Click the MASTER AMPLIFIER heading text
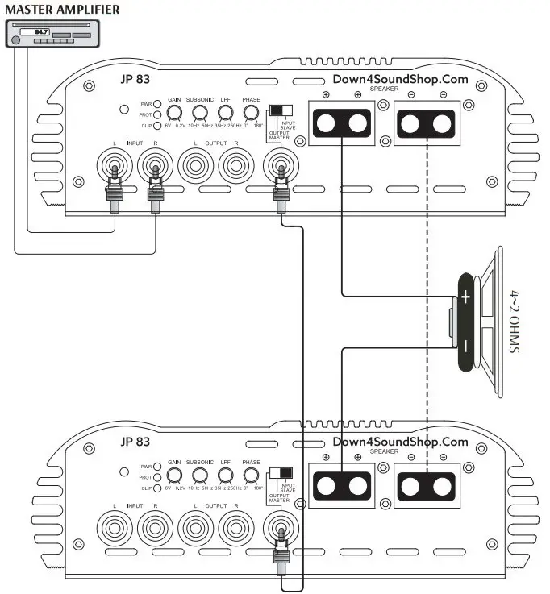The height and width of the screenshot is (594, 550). pos(62,9)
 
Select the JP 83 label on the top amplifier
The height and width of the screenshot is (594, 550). pos(135,80)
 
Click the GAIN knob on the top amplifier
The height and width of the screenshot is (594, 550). pos(174,114)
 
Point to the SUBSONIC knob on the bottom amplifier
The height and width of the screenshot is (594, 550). pos(198,476)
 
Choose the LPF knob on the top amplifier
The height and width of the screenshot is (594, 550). pos(225,114)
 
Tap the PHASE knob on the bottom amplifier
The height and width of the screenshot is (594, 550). pos(251,476)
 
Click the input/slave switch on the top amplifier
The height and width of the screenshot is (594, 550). pos(280,111)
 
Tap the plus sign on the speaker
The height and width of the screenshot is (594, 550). pos(466,298)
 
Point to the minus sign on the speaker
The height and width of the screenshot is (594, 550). pos(466,345)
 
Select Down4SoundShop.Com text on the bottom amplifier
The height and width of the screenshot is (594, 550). pos(400,442)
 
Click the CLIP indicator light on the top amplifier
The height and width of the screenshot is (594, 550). pos(159,126)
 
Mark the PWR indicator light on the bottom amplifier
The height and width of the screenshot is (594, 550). pos(159,466)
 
